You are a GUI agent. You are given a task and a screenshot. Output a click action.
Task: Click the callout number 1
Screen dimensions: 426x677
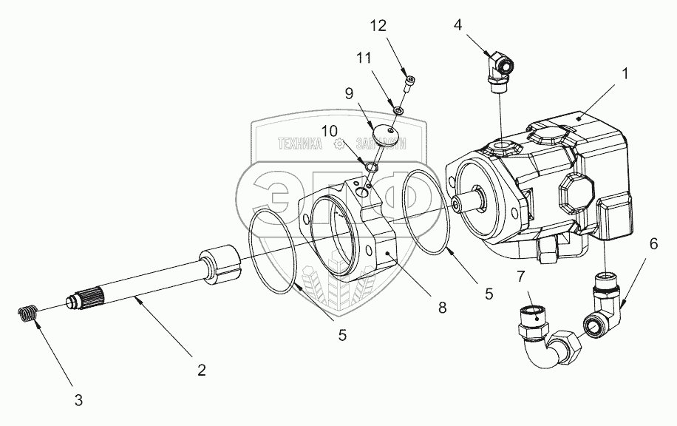tap(625, 73)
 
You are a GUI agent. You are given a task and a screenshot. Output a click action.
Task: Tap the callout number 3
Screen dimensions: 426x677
tap(78, 401)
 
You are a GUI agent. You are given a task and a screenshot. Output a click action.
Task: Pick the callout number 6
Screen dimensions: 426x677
tap(653, 243)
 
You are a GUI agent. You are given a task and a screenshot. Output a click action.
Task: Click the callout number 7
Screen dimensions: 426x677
tap(521, 277)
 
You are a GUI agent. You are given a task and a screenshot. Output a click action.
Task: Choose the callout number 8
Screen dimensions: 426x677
tap(442, 308)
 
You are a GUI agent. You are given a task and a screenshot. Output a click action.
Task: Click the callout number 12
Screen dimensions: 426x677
tap(378, 26)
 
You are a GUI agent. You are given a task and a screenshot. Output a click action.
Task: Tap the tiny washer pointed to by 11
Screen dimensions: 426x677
tap(398, 110)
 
